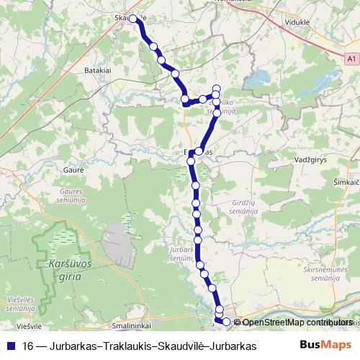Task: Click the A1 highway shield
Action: (350, 58)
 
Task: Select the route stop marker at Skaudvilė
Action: (133, 19)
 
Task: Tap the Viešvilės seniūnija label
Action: (19, 302)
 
